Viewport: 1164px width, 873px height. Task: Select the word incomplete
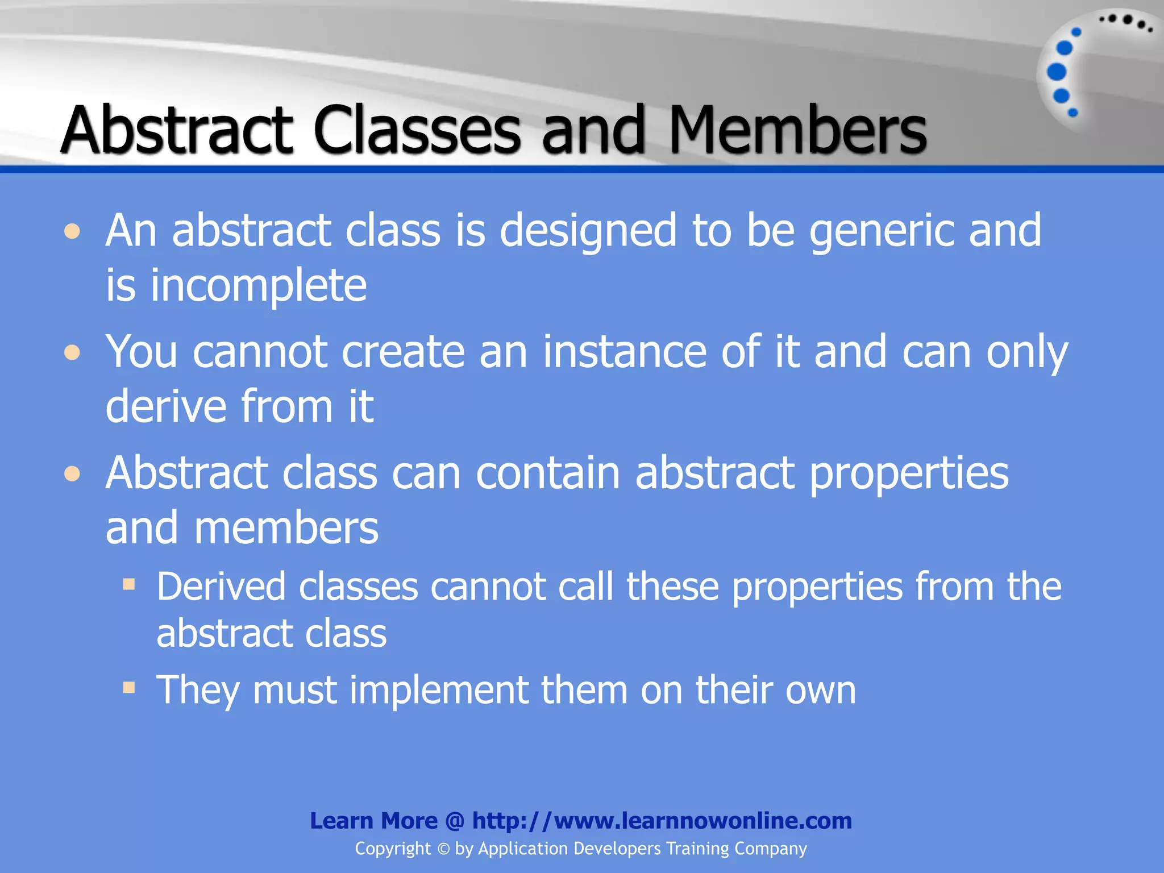pyautogui.click(x=259, y=285)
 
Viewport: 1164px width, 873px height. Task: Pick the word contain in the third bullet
pyautogui.click(x=547, y=473)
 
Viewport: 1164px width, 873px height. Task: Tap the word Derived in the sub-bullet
pyautogui.click(x=221, y=587)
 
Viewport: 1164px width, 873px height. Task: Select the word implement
pyautogui.click(x=439, y=690)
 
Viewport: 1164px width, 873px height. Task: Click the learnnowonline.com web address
pyautogui.click(x=662, y=821)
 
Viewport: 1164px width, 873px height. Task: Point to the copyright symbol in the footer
pyautogui.click(x=443, y=849)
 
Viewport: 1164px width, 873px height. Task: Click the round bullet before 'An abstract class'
pyautogui.click(x=72, y=232)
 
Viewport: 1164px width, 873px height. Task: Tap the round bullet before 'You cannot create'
pyautogui.click(x=72, y=353)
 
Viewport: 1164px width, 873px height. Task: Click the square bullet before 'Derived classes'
pyautogui.click(x=129, y=584)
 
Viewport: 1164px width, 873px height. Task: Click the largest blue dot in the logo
pyautogui.click(x=1057, y=72)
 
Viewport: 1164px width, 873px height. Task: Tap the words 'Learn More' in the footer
pyautogui.click(x=373, y=821)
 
